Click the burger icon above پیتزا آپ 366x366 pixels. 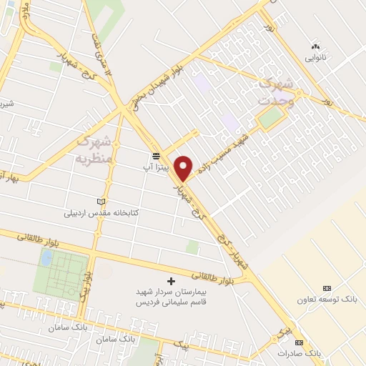coord(154,156)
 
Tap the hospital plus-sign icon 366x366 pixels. coord(170,280)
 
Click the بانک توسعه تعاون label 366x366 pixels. coord(327,297)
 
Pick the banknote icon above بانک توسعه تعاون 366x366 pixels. coord(327,286)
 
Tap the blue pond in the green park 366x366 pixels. coord(46,258)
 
